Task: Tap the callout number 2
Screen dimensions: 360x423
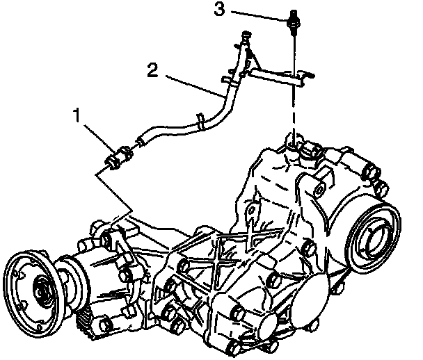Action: click(x=153, y=69)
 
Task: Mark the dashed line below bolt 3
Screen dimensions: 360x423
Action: click(x=294, y=111)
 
